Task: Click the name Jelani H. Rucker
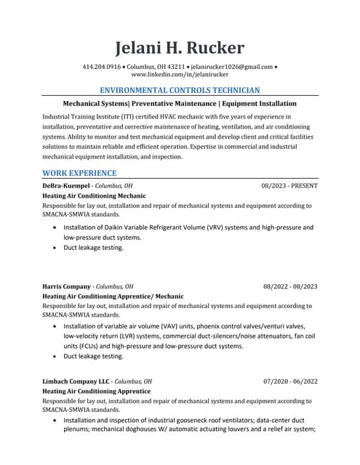click(x=180, y=48)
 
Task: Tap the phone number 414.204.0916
click(x=102, y=67)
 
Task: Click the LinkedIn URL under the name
click(x=180, y=75)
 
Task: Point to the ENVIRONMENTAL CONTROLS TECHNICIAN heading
click(x=180, y=90)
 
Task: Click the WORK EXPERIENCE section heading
click(x=79, y=173)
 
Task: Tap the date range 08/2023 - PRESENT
click(x=289, y=186)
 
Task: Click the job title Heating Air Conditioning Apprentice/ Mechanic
click(x=113, y=296)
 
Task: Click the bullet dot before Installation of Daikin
click(x=56, y=227)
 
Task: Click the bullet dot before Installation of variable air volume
click(x=56, y=327)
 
